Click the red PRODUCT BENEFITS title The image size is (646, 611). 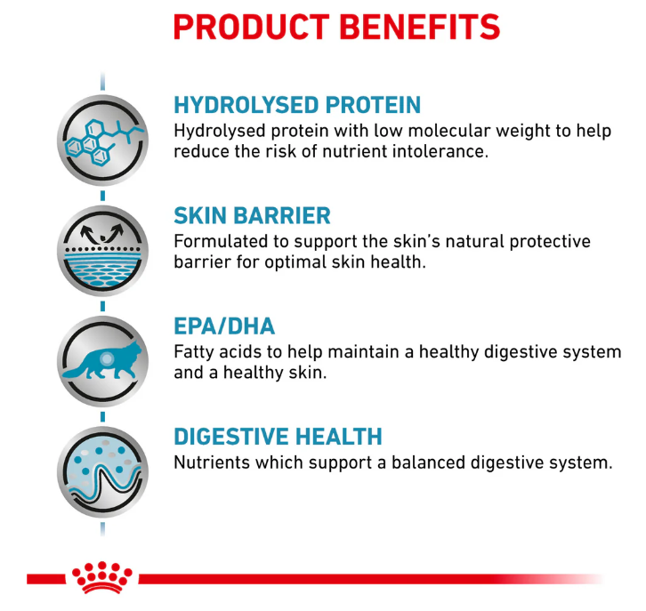[336, 27]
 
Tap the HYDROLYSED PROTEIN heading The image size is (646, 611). [297, 105]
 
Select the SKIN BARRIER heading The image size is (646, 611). [252, 215]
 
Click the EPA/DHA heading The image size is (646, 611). [224, 326]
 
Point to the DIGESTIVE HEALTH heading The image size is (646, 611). [279, 437]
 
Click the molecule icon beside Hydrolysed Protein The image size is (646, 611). [102, 140]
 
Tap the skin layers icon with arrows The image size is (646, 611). [102, 251]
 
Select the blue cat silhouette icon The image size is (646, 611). [102, 361]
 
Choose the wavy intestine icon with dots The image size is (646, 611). [102, 472]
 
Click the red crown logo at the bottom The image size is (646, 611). [102, 577]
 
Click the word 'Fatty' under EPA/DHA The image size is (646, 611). [194, 353]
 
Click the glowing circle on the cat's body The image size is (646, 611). [107, 359]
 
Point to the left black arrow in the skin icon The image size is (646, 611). [88, 233]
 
